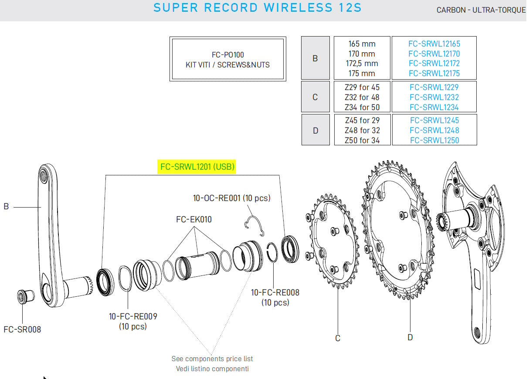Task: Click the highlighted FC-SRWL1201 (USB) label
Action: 197,166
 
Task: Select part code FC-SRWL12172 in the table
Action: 434,64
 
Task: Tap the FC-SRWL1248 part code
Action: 434,130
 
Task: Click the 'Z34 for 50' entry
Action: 362,107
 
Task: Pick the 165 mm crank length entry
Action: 362,44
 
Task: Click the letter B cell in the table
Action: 315,58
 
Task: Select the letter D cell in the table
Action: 315,130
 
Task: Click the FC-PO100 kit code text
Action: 227,55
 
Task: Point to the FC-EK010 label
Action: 194,219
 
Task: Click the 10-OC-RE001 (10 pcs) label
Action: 231,198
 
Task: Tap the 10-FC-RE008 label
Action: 275,292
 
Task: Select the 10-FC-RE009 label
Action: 133,316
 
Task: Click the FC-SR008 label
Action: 22,329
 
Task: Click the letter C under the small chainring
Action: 337,338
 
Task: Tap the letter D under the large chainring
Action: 410,337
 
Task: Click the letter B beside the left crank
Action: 6,207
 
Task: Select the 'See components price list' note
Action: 212,359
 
